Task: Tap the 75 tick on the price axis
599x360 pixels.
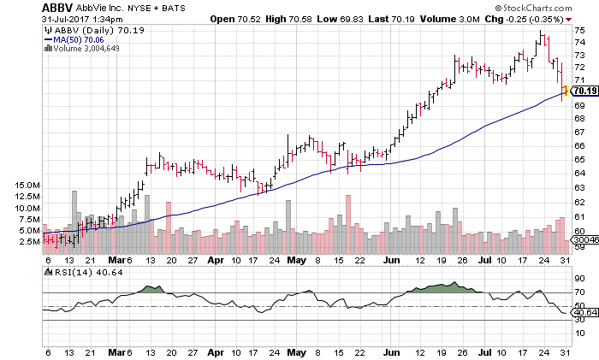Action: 579,31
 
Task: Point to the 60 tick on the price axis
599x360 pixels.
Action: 579,230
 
